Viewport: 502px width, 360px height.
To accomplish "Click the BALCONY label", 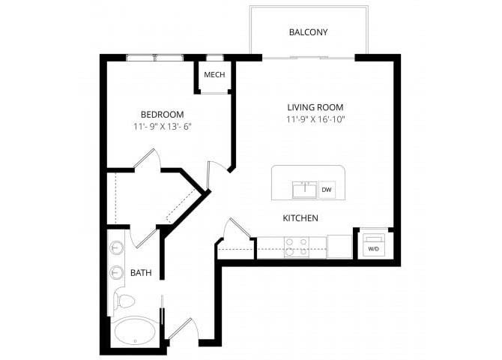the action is tap(308, 32).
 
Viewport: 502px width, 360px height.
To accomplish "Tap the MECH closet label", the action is tap(214, 75).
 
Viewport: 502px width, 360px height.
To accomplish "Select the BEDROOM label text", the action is tap(163, 115).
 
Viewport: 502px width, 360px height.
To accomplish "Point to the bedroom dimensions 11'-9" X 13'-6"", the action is tap(163, 127).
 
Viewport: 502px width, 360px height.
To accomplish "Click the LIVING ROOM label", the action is tap(315, 107).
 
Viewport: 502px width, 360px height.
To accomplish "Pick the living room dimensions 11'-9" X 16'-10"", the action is tap(315, 119).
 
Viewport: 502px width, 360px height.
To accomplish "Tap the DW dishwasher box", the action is tap(327, 190).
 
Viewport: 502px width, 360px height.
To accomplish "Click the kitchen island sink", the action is tap(305, 190).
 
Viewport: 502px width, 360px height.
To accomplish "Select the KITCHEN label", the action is tap(300, 218).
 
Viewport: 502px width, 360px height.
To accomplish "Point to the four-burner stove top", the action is tap(297, 247).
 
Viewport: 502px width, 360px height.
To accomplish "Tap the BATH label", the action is tap(141, 273).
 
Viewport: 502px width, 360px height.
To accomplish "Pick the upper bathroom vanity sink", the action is tap(117, 247).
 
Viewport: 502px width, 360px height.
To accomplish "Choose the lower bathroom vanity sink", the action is tap(117, 273).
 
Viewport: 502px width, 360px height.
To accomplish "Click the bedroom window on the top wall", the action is tap(155, 58).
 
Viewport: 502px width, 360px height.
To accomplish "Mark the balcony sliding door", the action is tap(309, 58).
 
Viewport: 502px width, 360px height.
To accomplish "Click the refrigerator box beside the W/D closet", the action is tap(339, 246).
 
